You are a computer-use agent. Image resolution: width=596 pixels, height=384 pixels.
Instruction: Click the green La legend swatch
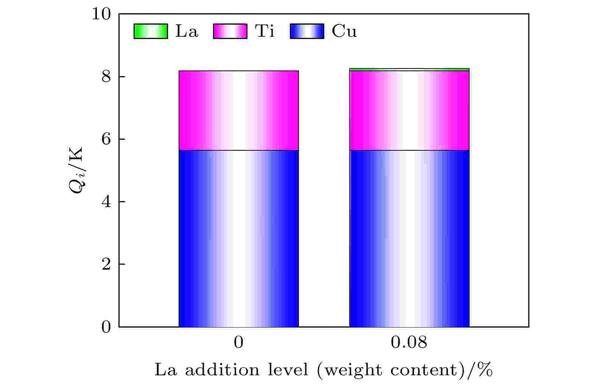tap(151, 31)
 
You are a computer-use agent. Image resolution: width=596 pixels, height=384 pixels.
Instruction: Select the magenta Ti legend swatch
tap(230, 31)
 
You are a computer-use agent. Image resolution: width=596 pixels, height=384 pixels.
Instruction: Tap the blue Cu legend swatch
tap(307, 31)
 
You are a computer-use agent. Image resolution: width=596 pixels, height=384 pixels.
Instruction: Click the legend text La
tap(187, 31)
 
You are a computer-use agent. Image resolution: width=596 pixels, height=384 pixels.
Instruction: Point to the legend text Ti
tap(265, 31)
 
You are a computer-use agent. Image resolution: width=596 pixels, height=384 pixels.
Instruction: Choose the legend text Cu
tap(344, 31)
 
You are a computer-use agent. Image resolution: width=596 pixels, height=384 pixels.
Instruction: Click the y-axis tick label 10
tap(101, 14)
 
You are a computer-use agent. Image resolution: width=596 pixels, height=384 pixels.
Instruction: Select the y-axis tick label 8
tap(106, 77)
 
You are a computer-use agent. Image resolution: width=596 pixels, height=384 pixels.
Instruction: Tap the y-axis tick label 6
tap(106, 139)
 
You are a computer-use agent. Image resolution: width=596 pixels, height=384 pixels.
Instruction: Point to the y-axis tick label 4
tap(106, 202)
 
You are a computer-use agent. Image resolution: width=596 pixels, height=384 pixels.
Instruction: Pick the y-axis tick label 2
tap(106, 264)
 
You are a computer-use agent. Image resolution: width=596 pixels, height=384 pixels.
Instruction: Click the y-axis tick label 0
tap(106, 327)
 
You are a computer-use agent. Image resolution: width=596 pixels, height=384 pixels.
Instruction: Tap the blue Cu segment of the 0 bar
tap(238, 239)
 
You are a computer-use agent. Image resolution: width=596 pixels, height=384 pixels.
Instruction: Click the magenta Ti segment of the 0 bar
tap(238, 111)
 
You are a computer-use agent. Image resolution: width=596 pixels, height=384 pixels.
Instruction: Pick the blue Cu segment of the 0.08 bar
tap(409, 239)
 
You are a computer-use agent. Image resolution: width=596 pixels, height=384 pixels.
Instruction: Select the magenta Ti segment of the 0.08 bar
tap(409, 111)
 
